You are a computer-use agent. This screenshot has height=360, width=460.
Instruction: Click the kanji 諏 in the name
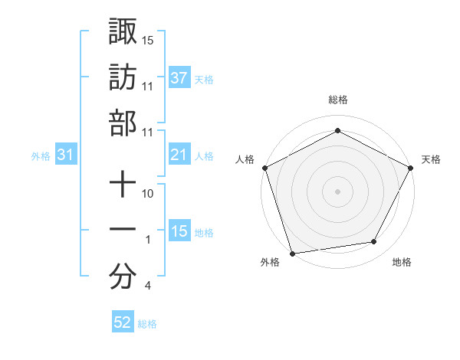point(123,31)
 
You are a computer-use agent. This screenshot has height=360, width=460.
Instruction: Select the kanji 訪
point(123,77)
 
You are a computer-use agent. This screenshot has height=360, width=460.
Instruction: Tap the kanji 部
point(123,123)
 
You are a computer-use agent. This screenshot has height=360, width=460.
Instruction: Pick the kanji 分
point(123,276)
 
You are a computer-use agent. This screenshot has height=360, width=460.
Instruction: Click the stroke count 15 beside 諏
point(148,39)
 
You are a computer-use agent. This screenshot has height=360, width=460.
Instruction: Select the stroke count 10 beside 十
point(148,194)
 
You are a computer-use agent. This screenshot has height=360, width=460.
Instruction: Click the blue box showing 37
point(179,78)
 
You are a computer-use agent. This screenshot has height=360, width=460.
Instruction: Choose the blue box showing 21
point(179,155)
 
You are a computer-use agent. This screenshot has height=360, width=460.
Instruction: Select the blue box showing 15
point(179,232)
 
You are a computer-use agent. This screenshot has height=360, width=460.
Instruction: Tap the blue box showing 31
point(66,155)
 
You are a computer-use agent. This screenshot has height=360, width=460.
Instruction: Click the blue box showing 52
point(123,323)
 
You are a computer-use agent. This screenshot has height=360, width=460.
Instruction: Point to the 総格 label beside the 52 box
point(147,324)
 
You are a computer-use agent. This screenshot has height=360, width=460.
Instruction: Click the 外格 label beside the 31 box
point(41,156)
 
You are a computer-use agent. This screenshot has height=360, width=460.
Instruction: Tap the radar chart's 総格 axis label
point(337,100)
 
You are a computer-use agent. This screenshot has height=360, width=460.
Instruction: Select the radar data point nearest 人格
point(264,167)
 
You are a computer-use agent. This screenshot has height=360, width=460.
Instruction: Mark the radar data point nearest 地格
point(374,242)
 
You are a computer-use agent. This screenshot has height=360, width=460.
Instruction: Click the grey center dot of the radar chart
point(337,191)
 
